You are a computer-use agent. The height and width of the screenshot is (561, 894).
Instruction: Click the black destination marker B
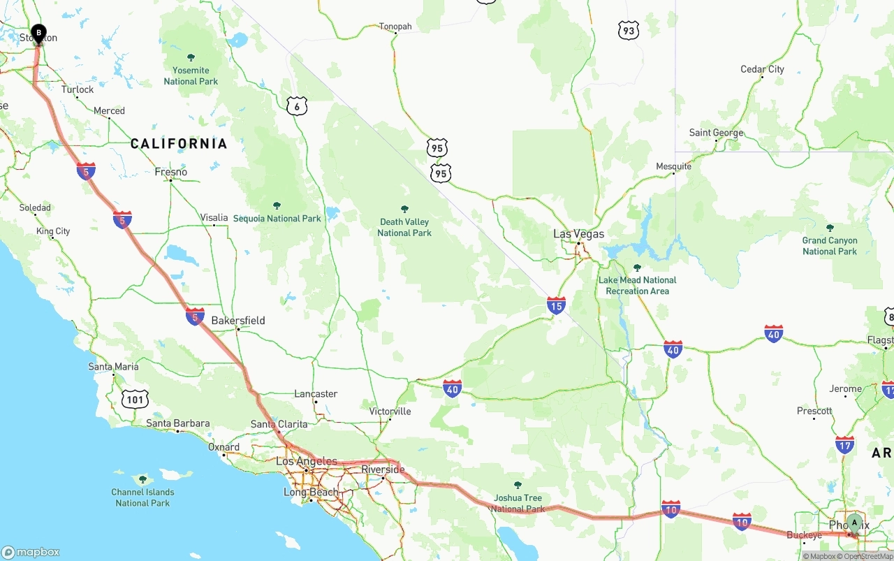point(38,33)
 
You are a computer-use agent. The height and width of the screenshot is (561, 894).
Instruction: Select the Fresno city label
point(171,172)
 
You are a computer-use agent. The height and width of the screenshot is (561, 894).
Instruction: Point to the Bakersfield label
point(238,321)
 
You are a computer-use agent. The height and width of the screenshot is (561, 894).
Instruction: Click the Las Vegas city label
point(578,234)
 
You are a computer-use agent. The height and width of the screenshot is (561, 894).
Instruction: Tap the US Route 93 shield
point(628,30)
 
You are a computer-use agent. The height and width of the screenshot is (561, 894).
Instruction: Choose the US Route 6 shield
point(297,105)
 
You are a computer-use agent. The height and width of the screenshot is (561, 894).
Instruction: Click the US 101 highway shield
point(135,400)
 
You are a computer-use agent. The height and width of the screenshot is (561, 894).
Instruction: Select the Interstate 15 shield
point(556,305)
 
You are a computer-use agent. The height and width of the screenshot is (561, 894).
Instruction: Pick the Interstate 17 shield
point(844,444)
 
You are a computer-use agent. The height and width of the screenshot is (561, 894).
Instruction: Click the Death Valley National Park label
point(404,227)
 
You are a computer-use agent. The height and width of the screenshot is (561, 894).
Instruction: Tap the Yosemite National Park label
point(191,75)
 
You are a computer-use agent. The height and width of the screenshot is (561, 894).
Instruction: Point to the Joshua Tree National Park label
point(518,503)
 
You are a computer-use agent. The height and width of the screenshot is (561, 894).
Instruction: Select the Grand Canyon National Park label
point(830,245)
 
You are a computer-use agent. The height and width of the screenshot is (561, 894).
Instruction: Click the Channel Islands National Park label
point(142,497)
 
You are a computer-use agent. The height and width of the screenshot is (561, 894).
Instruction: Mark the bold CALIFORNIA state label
point(179,144)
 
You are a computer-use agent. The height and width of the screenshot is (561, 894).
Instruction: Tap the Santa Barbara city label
point(178,423)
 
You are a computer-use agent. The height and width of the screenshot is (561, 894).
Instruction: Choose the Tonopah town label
point(395,27)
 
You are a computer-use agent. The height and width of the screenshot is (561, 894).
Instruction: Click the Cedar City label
point(762,69)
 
